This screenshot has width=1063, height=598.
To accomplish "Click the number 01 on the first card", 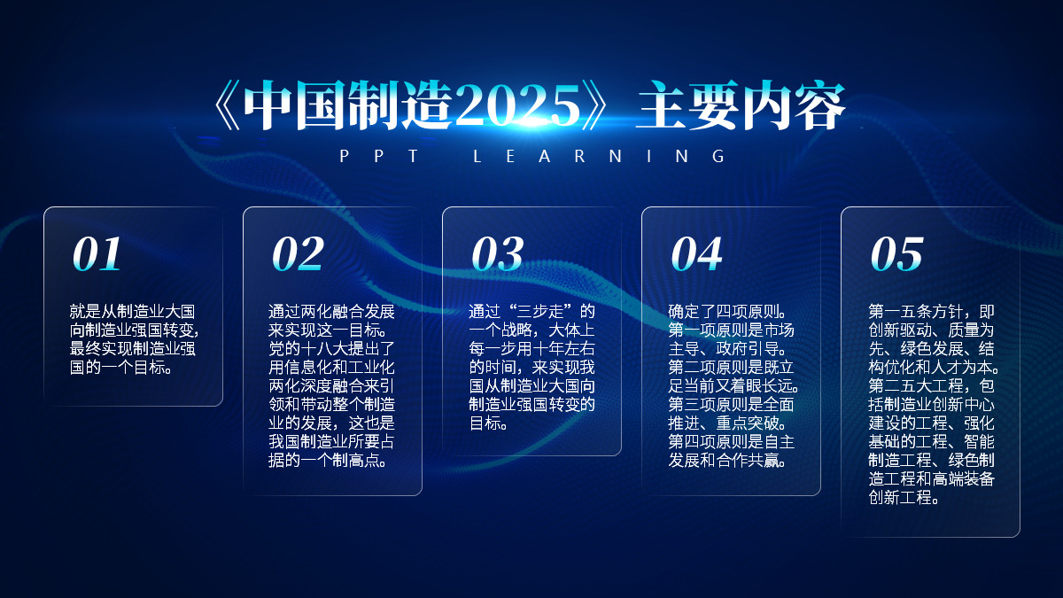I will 97,254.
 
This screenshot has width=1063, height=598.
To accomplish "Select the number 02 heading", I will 298,254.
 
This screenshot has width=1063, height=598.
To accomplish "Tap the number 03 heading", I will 497,254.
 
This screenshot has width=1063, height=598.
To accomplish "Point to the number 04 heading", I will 696,254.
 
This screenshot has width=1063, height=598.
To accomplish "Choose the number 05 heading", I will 896,254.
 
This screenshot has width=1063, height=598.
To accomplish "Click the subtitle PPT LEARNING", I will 532,157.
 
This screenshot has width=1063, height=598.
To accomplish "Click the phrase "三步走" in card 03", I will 548,312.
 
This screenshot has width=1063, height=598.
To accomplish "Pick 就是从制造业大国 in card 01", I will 133,312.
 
